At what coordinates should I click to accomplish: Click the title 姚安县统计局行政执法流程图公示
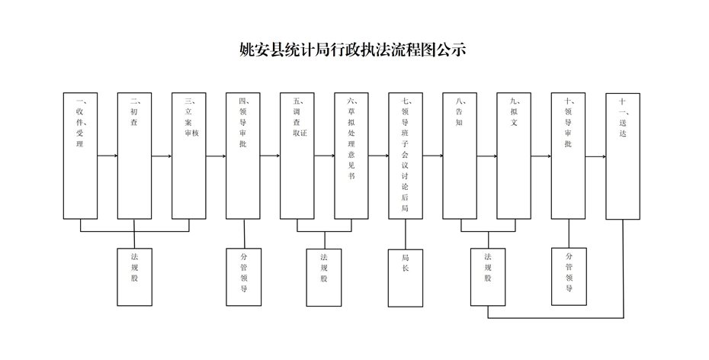pos(353,50)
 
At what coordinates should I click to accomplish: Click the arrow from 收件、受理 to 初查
pos(107,156)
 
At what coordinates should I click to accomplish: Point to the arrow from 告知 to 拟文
pos(487,156)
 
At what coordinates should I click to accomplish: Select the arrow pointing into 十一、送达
pos(596,157)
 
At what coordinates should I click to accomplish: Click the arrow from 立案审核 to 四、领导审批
pos(217,156)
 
